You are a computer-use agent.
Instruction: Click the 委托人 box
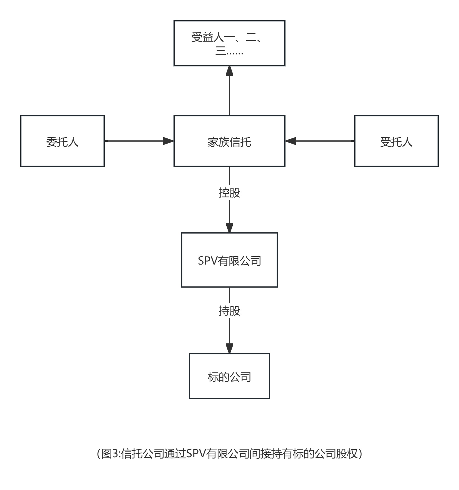(x=62, y=141)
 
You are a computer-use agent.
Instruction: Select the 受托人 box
(x=396, y=141)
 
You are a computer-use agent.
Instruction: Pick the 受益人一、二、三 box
(x=229, y=43)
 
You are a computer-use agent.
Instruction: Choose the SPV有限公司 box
(x=229, y=260)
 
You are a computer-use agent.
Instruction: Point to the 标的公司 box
(x=229, y=376)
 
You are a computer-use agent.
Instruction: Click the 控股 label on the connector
(x=229, y=192)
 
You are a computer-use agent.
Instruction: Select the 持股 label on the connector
(x=229, y=311)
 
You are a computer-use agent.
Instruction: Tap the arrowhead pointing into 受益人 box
(x=229, y=71)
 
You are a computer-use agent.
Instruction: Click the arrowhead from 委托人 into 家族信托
(x=168, y=141)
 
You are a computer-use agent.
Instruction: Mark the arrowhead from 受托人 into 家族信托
(x=291, y=141)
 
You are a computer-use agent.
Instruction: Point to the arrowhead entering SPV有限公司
(x=229, y=227)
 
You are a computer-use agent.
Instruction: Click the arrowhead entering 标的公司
(x=229, y=348)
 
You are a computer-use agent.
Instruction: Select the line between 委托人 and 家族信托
(x=133, y=141)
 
